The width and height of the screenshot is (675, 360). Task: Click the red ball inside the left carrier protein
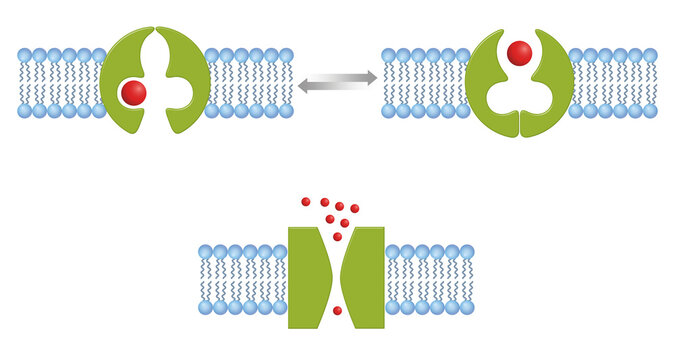click(133, 93)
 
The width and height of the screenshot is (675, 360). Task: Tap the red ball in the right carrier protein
click(518, 51)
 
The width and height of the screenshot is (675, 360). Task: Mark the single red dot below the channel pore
click(337, 311)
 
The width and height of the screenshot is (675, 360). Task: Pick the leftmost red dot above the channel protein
click(306, 202)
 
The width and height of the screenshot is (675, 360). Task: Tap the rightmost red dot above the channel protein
click(355, 208)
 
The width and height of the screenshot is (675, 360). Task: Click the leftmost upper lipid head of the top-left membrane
click(25, 55)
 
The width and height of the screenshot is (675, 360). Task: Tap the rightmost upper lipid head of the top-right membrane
click(650, 55)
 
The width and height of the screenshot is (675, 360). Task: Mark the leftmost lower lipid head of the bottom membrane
click(206, 307)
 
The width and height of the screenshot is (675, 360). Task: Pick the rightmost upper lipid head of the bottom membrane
click(466, 251)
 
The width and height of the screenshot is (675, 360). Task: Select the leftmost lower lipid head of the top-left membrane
click(25, 111)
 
